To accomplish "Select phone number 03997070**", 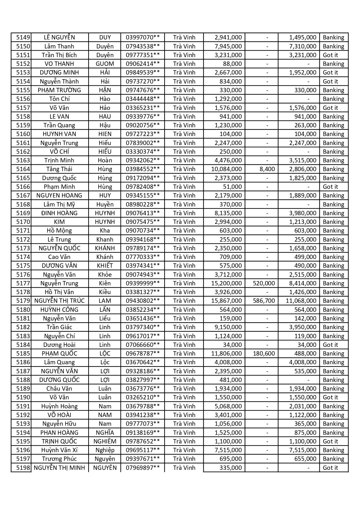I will pyautogui.click(x=142, y=37).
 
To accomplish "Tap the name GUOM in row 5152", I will pyautogui.click(x=105, y=64).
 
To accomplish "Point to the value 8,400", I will pyautogui.click(x=267, y=169).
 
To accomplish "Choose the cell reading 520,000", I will pyautogui.click(x=264, y=283).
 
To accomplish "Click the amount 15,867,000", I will pyautogui.click(x=227, y=301).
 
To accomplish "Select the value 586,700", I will pyautogui.click(x=264, y=301).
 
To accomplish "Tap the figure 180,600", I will pyautogui.click(x=264, y=354).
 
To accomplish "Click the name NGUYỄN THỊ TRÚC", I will pyautogui.click(x=59, y=301).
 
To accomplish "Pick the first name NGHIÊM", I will pyautogui.click(x=105, y=441).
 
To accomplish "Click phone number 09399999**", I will pyautogui.click(x=142, y=283).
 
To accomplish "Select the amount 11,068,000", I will pyautogui.click(x=301, y=301).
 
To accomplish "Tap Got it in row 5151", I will pyautogui.click(x=330, y=55).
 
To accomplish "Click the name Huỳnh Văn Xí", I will pyautogui.click(x=59, y=450).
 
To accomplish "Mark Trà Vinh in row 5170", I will pyautogui.click(x=184, y=222).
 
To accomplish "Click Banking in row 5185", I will pyautogui.click(x=333, y=354).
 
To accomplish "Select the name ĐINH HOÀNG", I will pyautogui.click(x=59, y=213).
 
